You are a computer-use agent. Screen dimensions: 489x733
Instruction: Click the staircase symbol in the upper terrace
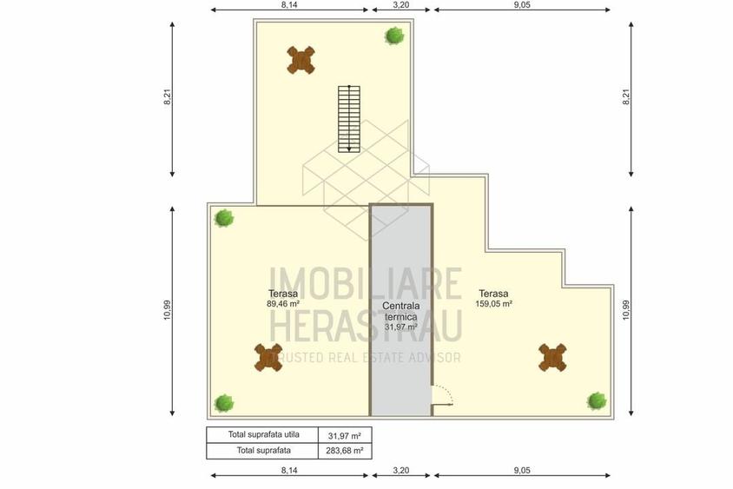pyautogui.click(x=349, y=118)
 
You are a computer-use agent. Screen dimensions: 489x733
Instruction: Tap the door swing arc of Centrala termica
pyautogui.click(x=443, y=395)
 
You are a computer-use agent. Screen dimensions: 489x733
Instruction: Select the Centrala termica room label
pyautogui.click(x=400, y=312)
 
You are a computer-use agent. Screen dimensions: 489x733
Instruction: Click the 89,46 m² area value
pyautogui.click(x=283, y=305)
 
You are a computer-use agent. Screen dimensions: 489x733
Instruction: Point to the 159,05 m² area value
pyautogui.click(x=493, y=305)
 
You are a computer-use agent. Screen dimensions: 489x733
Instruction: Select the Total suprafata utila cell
pyautogui.click(x=262, y=434)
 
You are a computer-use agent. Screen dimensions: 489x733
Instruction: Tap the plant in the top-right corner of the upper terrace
pyautogui.click(x=394, y=36)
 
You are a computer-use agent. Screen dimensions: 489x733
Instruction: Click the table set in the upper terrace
pyautogui.click(x=300, y=59)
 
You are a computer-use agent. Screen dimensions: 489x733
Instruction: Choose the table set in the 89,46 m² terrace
pyautogui.click(x=268, y=357)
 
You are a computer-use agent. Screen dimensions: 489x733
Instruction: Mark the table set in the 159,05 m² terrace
pyautogui.click(x=552, y=357)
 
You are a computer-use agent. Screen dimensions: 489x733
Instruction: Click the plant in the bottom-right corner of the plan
pyautogui.click(x=597, y=400)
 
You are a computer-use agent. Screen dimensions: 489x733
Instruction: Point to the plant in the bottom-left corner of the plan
pyautogui.click(x=224, y=403)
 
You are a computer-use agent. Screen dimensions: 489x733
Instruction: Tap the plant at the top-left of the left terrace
pyautogui.click(x=224, y=218)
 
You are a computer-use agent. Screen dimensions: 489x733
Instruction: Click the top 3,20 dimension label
pyautogui.click(x=400, y=4)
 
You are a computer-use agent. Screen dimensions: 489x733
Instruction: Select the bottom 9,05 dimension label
pyautogui.click(x=522, y=470)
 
